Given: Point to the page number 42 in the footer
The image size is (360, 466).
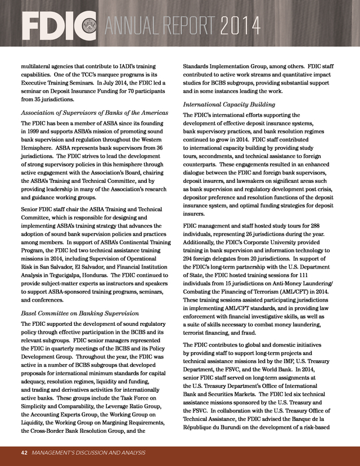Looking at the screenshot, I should point(24,452).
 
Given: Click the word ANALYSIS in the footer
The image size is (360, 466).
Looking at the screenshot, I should point(129,452).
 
